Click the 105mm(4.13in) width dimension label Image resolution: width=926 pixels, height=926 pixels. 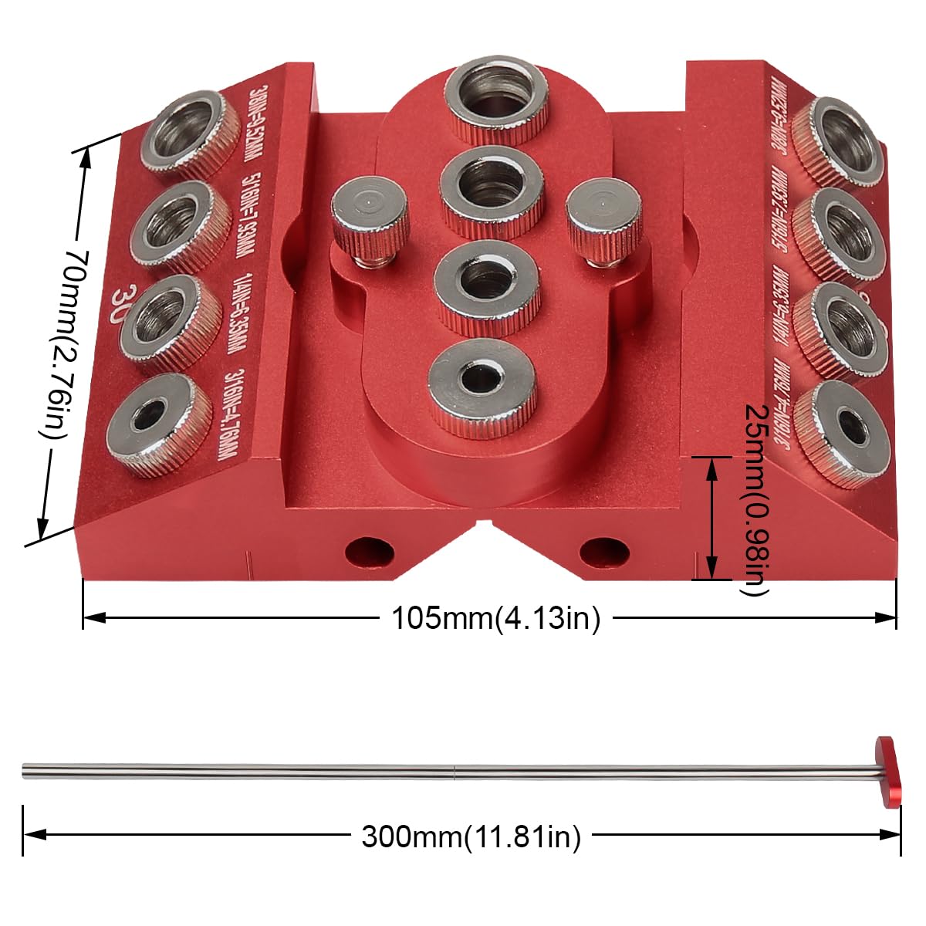[x=495, y=618]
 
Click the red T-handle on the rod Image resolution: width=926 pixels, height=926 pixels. [x=888, y=771]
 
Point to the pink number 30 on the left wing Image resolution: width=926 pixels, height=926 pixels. [x=122, y=298]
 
